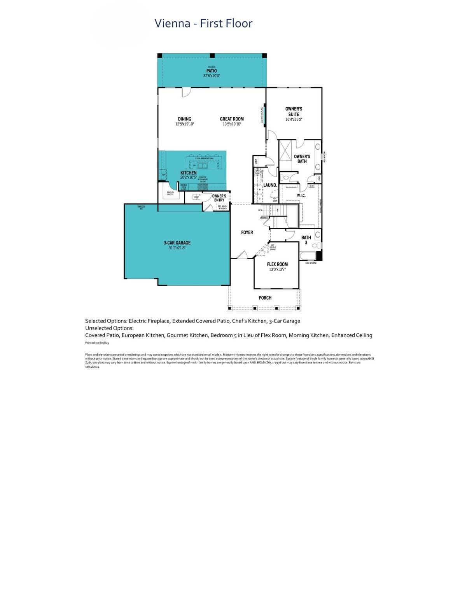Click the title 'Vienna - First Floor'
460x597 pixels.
click(x=203, y=23)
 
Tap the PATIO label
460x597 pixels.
click(x=212, y=71)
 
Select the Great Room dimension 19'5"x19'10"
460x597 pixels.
click(x=232, y=124)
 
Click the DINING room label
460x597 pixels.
click(x=184, y=119)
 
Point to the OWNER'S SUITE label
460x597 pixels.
click(x=294, y=112)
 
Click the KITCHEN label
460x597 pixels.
click(x=188, y=173)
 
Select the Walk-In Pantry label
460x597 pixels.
click(x=170, y=193)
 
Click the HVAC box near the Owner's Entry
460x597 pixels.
click(x=197, y=197)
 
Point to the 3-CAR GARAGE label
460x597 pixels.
click(x=177, y=243)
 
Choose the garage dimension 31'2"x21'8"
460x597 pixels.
click(x=177, y=248)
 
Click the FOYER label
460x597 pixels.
click(x=247, y=232)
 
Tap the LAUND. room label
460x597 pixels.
click(x=270, y=185)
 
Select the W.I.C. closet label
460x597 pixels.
click(x=301, y=196)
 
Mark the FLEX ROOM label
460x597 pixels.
click(x=277, y=264)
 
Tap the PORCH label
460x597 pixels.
click(x=265, y=298)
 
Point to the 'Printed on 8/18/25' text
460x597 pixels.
click(x=97, y=343)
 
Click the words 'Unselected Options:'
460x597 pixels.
click(x=109, y=328)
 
